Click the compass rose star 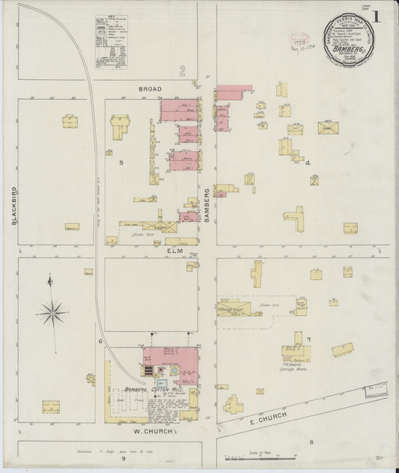pyautogui.click(x=52, y=312)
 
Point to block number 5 pyautogui.click(x=120, y=162)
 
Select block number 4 pyautogui.click(x=307, y=162)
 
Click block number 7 pyautogui.click(x=308, y=340)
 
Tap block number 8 pyautogui.click(x=311, y=442)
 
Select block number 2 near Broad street pyautogui.click(x=181, y=72)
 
